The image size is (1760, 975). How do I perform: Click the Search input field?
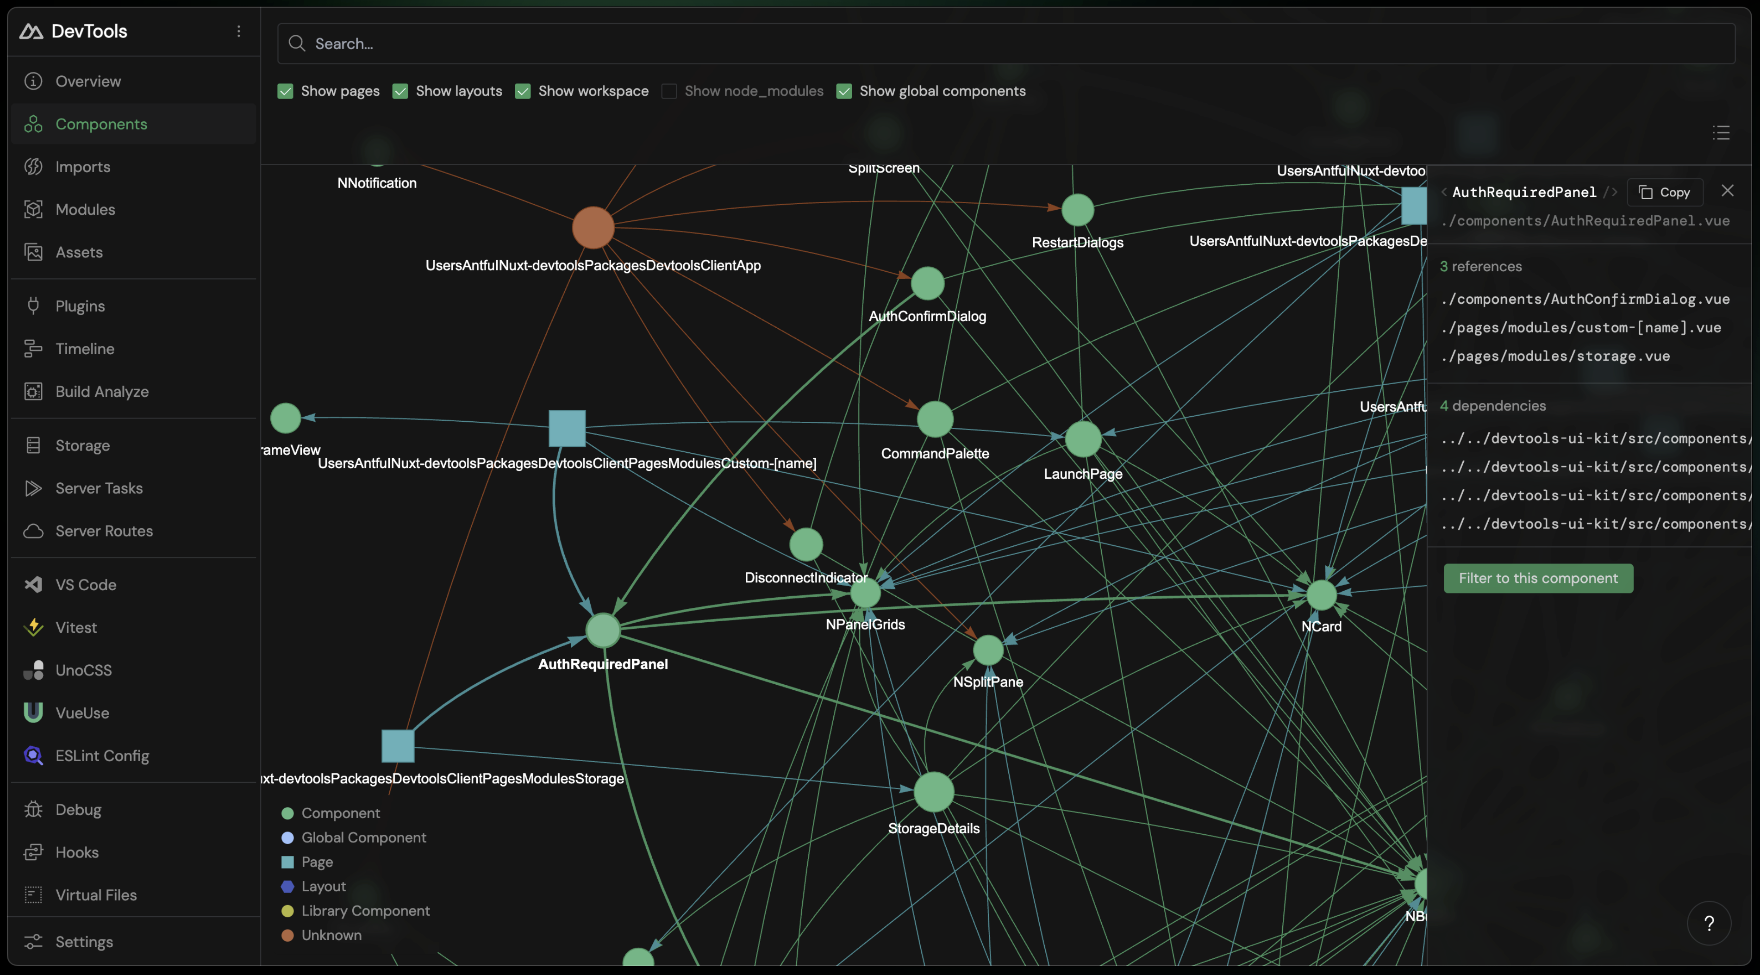1005,44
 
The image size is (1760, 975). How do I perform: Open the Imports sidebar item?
83,167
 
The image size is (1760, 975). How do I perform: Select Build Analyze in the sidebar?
102,392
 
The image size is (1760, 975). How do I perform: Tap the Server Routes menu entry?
104,531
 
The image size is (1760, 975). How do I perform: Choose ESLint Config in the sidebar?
102,756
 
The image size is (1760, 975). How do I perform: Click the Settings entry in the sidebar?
84,942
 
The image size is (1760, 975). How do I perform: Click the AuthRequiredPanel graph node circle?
603,630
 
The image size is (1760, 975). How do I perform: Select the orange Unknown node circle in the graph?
593,227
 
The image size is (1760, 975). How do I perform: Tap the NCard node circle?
1321,595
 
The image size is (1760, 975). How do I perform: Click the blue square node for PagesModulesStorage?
398,745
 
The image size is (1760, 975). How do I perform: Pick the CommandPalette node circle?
935,419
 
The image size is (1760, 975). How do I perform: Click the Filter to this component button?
1538,578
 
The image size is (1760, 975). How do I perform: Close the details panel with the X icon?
1727,191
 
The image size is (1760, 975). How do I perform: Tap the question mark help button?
1709,924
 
